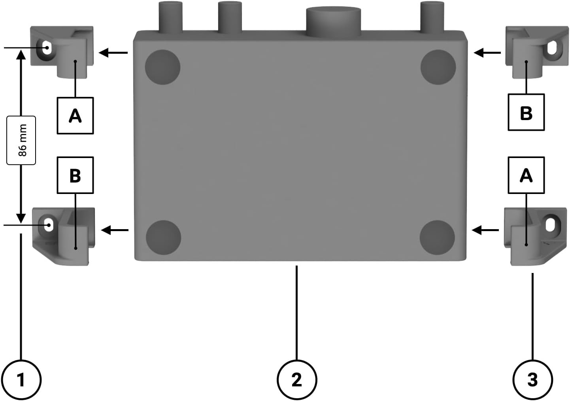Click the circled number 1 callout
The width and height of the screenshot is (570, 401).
tap(21, 380)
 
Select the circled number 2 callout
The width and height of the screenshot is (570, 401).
tap(296, 380)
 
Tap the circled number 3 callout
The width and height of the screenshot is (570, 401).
tap(532, 380)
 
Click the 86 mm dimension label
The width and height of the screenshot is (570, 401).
tap(22, 140)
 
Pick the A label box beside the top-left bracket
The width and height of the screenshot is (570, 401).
tap(75, 116)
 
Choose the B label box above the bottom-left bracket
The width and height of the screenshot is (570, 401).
tap(75, 175)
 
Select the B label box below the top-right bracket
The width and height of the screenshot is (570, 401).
tap(526, 113)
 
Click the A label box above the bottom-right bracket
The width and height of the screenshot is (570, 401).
tap(526, 175)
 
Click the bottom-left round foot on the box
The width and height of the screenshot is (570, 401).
tap(163, 238)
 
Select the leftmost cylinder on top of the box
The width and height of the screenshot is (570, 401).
tap(170, 17)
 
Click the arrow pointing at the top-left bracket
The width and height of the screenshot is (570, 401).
tap(113, 53)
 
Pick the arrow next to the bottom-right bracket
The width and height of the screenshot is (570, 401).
tap(485, 230)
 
